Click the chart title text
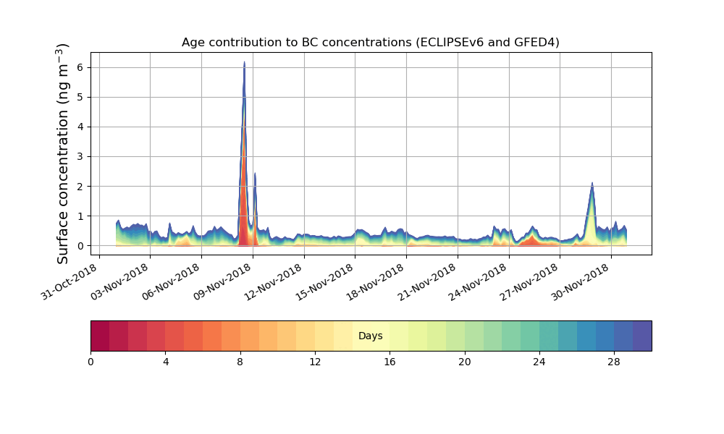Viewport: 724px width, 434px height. [x=370, y=43]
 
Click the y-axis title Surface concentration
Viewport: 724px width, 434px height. [x=63, y=153]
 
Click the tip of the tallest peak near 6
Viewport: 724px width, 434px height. [x=244, y=62]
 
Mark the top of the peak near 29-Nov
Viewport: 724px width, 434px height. [x=592, y=183]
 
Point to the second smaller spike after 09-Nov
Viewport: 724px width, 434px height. [x=255, y=173]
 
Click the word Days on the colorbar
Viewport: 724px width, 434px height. [x=370, y=336]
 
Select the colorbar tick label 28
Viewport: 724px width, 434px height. [x=614, y=362]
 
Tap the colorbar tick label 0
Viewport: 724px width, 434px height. [x=90, y=362]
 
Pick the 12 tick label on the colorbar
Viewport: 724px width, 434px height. [x=315, y=362]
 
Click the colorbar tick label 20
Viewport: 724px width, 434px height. [x=464, y=362]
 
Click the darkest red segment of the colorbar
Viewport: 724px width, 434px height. [x=100, y=336]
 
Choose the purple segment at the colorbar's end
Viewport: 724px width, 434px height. [x=642, y=336]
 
